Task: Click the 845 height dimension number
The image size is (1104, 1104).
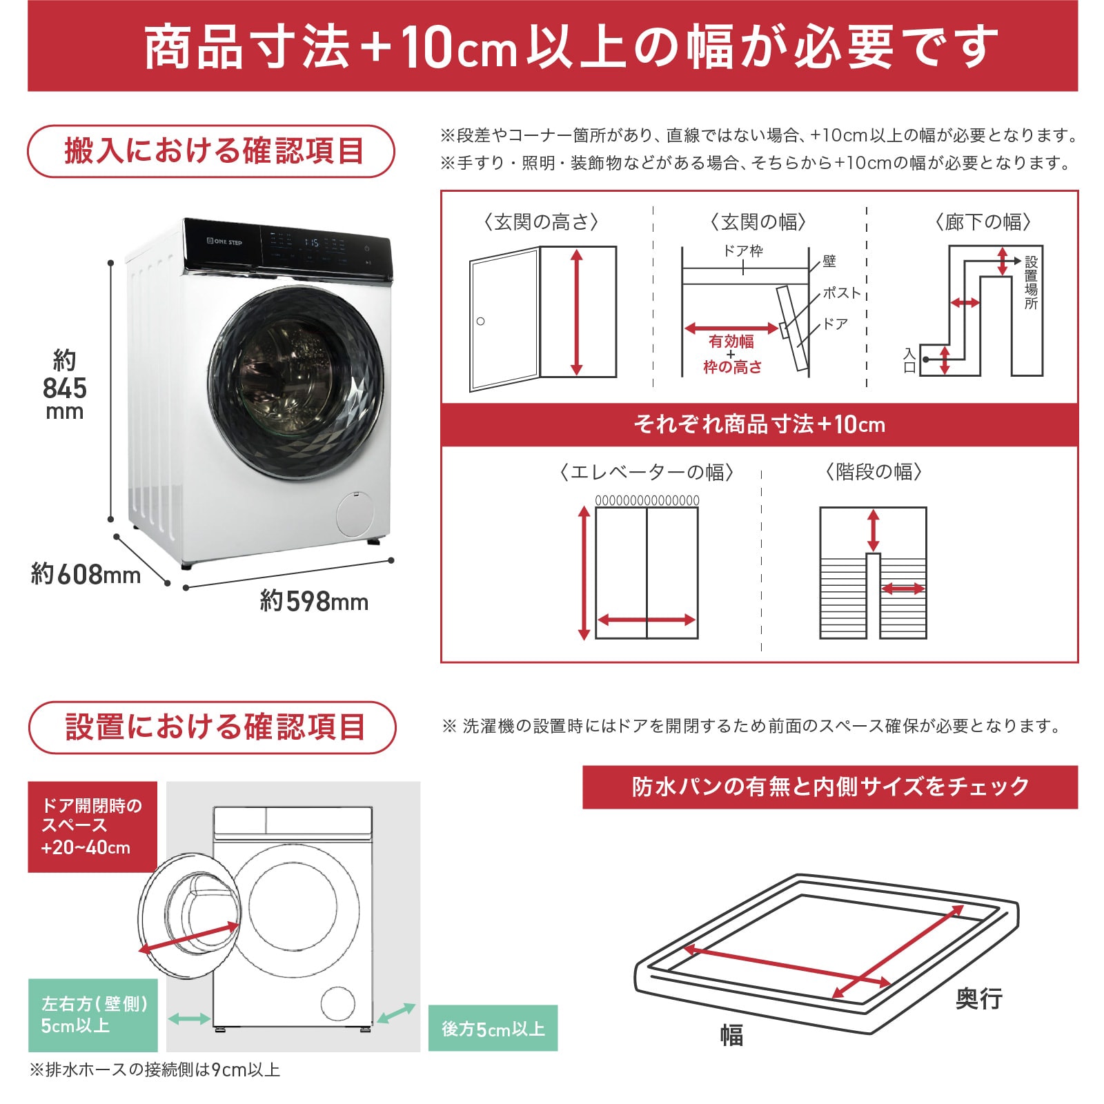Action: pyautogui.click(x=65, y=388)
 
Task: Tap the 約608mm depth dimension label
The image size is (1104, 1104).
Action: pyautogui.click(x=86, y=574)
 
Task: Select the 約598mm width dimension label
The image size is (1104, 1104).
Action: pyautogui.click(x=314, y=601)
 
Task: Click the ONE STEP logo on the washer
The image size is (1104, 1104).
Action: pyautogui.click(x=225, y=241)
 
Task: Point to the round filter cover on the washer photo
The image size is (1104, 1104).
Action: pyautogui.click(x=354, y=514)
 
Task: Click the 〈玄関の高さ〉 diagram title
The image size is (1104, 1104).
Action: pyautogui.click(x=541, y=221)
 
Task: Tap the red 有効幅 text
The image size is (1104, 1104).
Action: pyautogui.click(x=731, y=342)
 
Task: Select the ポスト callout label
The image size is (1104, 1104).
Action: pyautogui.click(x=842, y=293)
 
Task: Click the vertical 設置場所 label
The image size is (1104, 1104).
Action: pyautogui.click(x=1031, y=282)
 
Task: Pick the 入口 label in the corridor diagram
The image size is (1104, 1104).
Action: pyautogui.click(x=909, y=360)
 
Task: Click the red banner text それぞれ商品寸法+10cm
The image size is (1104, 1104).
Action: pyautogui.click(x=759, y=424)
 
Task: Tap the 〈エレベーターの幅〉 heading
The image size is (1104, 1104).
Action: pyautogui.click(x=647, y=472)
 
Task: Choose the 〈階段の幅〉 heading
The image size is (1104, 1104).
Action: pyautogui.click(x=874, y=472)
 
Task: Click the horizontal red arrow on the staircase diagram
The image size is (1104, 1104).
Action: pyautogui.click(x=903, y=589)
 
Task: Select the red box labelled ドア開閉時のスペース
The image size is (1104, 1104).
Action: pyautogui.click(x=92, y=827)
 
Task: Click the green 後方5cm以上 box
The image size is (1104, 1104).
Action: pyautogui.click(x=493, y=1029)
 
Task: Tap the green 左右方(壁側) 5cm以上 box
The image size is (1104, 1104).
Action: pyautogui.click(x=92, y=1014)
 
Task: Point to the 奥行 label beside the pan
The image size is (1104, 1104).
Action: pyautogui.click(x=978, y=998)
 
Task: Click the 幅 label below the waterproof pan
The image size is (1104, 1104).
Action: pyautogui.click(x=731, y=1035)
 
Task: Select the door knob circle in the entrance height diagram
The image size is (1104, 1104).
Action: pyautogui.click(x=481, y=321)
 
